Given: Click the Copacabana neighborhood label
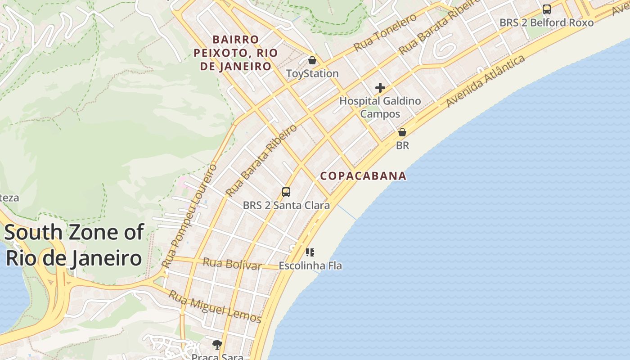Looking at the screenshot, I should point(363,176).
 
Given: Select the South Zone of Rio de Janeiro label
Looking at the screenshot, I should point(73,245).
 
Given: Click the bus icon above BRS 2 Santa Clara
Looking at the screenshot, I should point(286,192).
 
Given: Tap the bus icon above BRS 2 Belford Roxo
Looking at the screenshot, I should point(546,9).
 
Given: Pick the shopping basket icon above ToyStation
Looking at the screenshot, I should point(312,60).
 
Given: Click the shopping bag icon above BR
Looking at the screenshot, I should point(402,132).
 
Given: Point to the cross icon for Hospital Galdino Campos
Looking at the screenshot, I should point(380,88).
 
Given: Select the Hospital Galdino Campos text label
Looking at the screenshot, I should point(380,107).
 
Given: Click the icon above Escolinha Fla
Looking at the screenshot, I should point(310,252).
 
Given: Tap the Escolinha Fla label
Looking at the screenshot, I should point(310,266).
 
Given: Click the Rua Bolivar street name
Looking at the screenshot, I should point(232,264).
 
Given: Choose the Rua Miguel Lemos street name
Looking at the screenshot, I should point(215,307).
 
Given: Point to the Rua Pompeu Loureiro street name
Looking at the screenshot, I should point(189,216).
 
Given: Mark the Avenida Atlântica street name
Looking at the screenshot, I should point(486,81).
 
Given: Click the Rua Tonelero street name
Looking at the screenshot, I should point(385,32).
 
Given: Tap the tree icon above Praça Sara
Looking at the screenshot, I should point(217,345).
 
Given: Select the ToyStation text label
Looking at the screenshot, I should point(312,73).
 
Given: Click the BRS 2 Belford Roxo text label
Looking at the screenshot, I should point(546,22).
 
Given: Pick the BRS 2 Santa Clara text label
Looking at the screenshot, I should point(286,206).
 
